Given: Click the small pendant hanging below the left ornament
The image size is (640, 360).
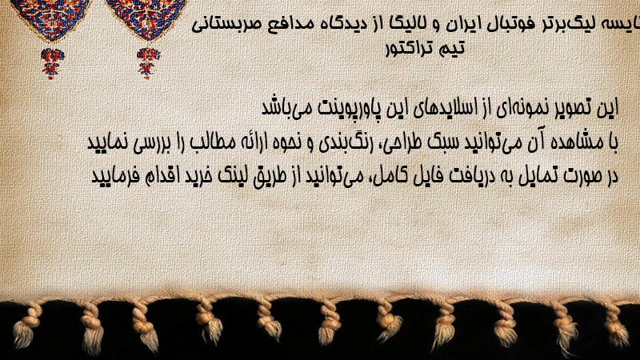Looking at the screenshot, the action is click(x=52, y=63).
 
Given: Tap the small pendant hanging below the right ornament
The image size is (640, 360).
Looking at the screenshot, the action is click(x=148, y=63).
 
